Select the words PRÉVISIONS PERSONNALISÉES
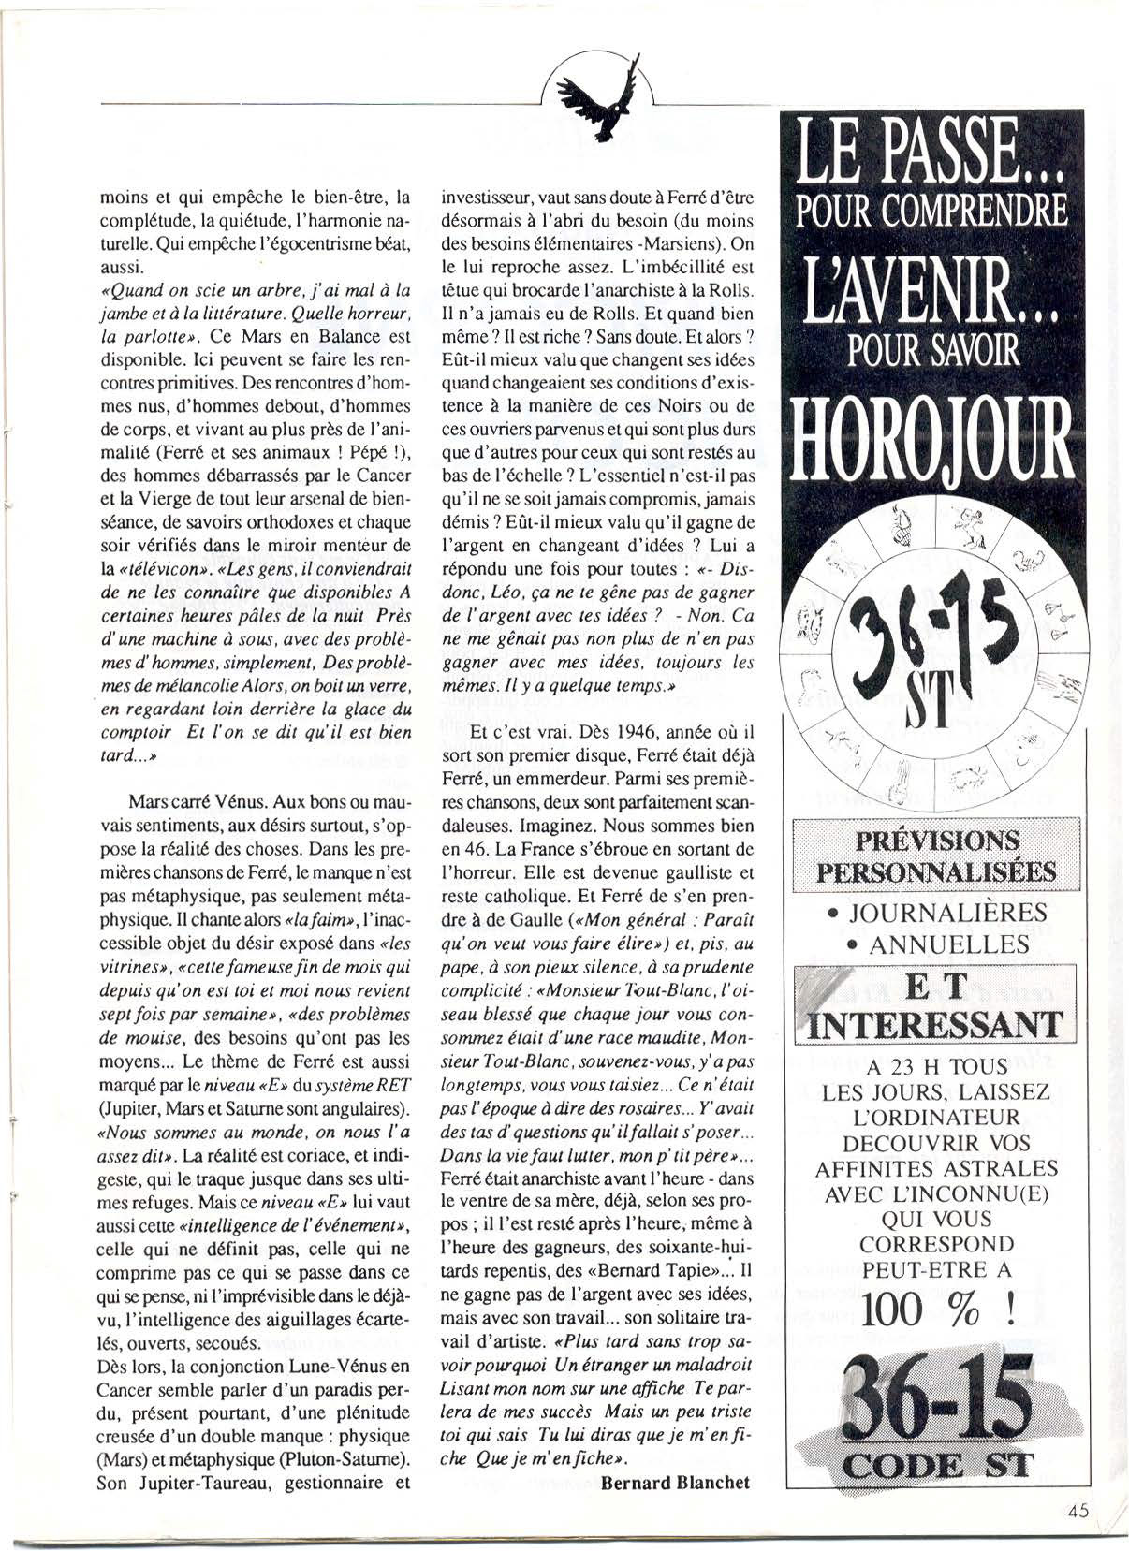pos(935,856)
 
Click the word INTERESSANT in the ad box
pos(935,1023)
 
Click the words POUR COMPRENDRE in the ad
pos(931,210)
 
